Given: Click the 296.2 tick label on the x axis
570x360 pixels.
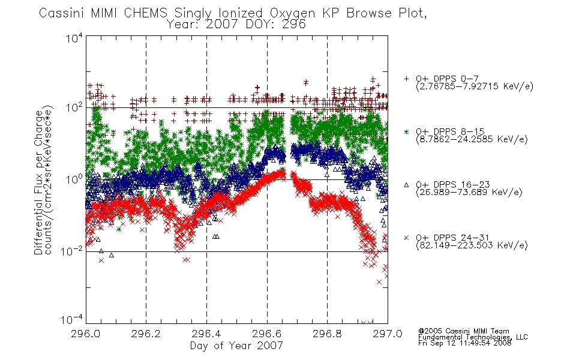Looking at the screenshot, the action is point(146,334).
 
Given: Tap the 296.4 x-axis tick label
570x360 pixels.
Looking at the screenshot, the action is point(206,334).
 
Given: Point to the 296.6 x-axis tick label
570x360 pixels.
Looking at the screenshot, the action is point(267,334).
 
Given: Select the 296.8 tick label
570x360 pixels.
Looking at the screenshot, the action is point(327,334).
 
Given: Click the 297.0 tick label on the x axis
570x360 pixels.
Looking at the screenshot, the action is point(388,334).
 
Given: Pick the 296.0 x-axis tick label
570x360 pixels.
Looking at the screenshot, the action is point(85,334).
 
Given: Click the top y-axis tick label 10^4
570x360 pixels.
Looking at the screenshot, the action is point(74,38).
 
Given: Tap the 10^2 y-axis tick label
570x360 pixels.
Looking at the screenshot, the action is point(74,108).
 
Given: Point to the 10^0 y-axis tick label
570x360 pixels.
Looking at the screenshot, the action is point(74,179).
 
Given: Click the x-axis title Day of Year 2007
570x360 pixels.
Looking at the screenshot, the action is point(236,346).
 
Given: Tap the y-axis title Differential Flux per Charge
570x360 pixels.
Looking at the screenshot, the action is point(38,182).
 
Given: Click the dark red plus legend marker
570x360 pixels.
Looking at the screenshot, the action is point(406,79).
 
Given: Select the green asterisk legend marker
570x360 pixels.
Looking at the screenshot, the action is point(406,131).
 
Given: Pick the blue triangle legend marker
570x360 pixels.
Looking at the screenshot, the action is point(406,185).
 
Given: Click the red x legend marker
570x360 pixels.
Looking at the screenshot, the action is point(406,238).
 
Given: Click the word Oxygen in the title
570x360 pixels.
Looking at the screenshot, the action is point(292,13).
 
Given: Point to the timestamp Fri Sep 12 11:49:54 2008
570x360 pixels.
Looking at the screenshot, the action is point(464,343).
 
